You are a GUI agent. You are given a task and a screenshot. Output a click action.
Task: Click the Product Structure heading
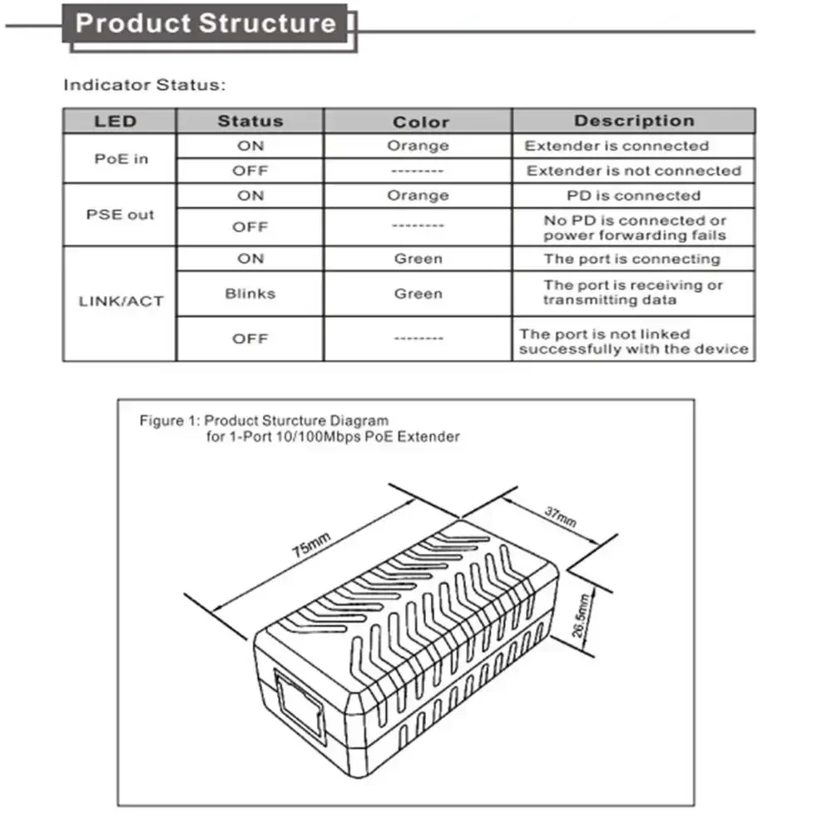(x=206, y=23)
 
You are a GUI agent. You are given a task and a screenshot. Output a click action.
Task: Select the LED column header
(x=115, y=121)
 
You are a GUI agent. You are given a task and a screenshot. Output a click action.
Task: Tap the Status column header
(x=250, y=121)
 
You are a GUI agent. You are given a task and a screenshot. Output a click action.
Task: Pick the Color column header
(x=420, y=122)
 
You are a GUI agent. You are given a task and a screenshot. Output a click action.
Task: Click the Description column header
(x=633, y=121)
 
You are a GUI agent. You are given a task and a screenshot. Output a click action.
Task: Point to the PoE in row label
(x=121, y=158)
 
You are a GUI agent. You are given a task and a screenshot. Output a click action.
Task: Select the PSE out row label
(x=121, y=215)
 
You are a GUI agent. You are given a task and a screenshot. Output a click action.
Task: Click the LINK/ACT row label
(x=121, y=301)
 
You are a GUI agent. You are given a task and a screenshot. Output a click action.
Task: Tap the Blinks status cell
(x=250, y=294)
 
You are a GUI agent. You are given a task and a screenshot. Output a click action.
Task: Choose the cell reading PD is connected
(x=633, y=196)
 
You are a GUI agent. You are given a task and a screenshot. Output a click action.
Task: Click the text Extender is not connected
(x=633, y=171)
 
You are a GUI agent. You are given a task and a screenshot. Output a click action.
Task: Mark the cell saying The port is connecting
(x=631, y=259)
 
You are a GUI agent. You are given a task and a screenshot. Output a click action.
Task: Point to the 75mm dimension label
(x=311, y=545)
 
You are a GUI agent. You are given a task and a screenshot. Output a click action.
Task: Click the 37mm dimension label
(x=560, y=517)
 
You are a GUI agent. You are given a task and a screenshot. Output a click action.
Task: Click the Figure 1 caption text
(x=300, y=428)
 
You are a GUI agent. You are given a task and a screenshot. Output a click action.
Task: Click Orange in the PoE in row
(x=418, y=146)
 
